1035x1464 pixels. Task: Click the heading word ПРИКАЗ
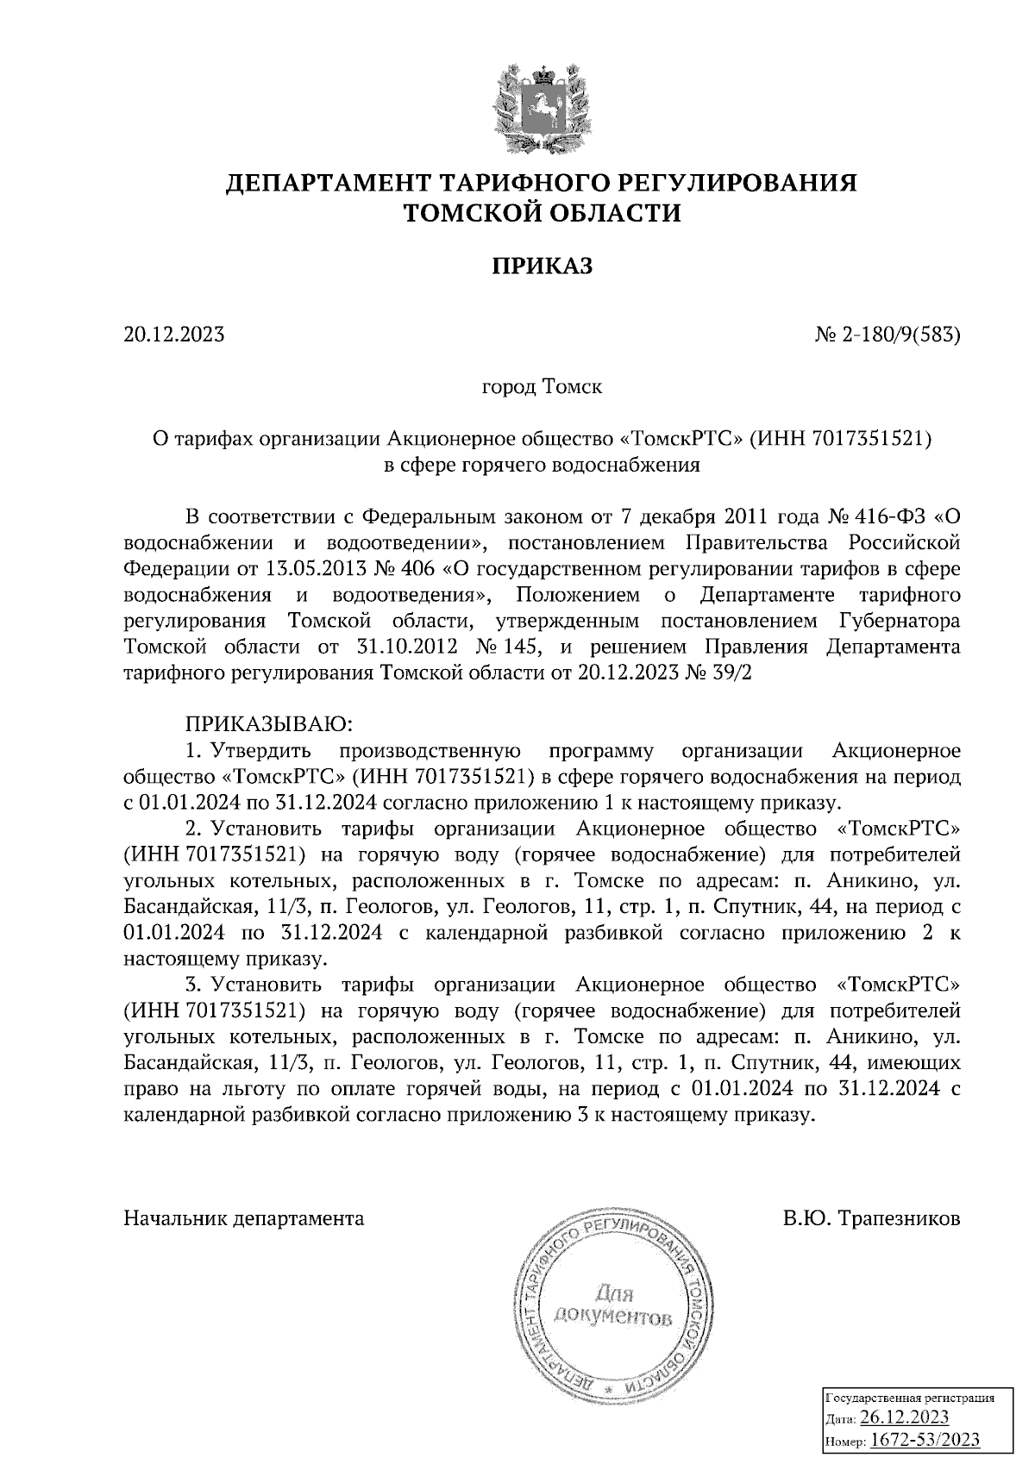click(542, 266)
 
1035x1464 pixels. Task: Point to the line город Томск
click(541, 387)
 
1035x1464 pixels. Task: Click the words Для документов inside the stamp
click(613, 1305)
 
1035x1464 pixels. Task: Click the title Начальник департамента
click(244, 1219)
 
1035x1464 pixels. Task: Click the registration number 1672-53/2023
click(924, 1440)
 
